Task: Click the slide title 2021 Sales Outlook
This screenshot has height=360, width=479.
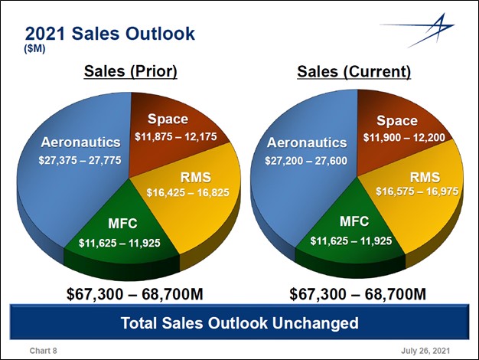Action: (x=110, y=34)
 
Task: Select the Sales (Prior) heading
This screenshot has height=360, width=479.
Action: (x=129, y=72)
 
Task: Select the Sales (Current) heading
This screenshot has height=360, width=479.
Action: (x=354, y=72)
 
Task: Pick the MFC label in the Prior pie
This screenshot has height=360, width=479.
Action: (x=122, y=224)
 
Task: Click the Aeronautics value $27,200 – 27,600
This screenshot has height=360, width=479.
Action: (x=306, y=162)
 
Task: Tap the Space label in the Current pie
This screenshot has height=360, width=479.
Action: (x=397, y=120)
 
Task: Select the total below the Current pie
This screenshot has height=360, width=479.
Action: (x=357, y=294)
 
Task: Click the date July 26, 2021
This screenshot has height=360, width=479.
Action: (x=425, y=350)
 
